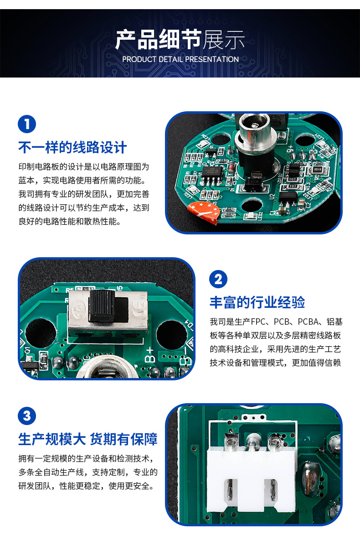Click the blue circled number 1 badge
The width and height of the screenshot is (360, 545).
click(27, 125)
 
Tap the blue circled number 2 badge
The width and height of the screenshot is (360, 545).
click(218, 279)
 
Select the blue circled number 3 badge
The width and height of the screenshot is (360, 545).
click(27, 416)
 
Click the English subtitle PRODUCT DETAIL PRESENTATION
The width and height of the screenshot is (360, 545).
click(180, 59)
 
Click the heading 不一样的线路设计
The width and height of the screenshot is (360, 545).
click(72, 147)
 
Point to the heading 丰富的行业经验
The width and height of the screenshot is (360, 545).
click(257, 302)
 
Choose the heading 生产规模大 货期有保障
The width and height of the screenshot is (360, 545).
click(88, 439)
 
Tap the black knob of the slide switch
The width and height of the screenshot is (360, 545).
click(102, 307)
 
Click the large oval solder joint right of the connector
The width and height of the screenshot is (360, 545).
click(313, 477)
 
